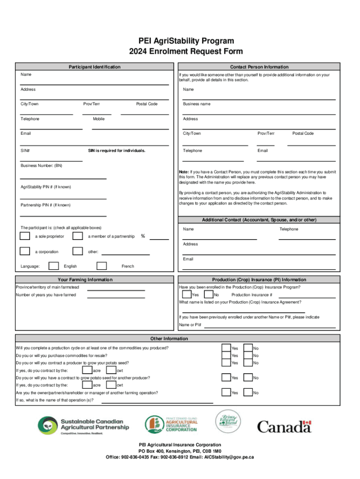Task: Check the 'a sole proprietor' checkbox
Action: coord(25,236)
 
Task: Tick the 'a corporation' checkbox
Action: coord(25,251)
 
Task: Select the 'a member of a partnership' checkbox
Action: coord(78,236)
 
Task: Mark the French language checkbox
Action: coord(101,266)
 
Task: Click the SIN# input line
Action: coord(51,160)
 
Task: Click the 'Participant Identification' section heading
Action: coord(92,67)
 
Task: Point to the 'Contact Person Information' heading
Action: coord(259,67)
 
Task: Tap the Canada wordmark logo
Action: coord(284,426)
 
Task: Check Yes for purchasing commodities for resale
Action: coord(226,356)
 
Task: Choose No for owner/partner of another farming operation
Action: coord(248,392)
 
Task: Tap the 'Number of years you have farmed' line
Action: coord(116,298)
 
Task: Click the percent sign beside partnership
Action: coord(143,236)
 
